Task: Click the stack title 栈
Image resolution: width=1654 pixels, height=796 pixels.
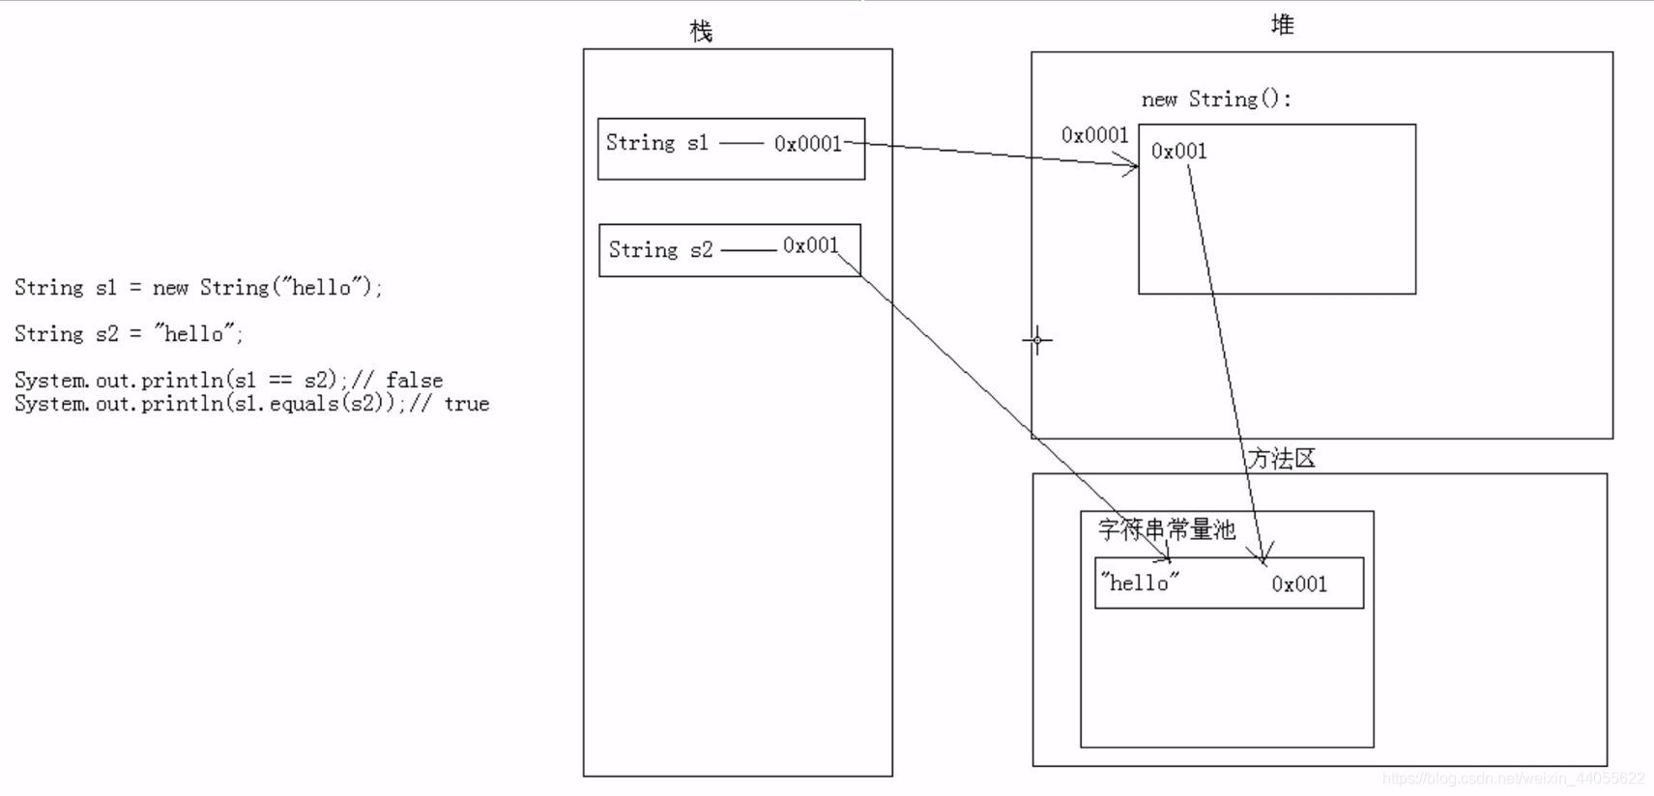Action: tap(701, 32)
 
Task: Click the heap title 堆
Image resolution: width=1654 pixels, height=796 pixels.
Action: tap(1282, 26)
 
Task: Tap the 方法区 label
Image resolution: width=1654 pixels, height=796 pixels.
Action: tap(1282, 459)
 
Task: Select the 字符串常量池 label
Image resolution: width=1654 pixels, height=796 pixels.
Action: tap(1167, 529)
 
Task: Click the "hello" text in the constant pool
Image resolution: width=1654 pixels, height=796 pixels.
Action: tap(1141, 583)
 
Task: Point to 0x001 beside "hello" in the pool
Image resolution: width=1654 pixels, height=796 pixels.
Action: tap(1299, 583)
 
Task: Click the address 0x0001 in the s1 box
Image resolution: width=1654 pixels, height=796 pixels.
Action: tap(808, 144)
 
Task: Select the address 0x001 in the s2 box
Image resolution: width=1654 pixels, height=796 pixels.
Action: tap(810, 245)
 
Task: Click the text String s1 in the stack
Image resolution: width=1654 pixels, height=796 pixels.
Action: tap(657, 143)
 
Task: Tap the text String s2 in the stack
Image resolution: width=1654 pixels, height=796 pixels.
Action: tap(660, 249)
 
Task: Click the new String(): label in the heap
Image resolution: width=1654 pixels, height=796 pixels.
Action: tap(1216, 99)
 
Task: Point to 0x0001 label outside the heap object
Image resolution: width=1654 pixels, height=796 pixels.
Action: tap(1094, 135)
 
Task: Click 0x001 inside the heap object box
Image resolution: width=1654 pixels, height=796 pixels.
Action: tap(1178, 151)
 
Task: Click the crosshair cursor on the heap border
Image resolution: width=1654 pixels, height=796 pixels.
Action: tap(1037, 340)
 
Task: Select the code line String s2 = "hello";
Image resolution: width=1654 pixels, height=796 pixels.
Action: tap(129, 333)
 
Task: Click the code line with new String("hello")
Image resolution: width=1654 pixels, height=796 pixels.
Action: tap(198, 287)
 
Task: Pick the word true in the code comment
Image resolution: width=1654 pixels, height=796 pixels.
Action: tap(467, 404)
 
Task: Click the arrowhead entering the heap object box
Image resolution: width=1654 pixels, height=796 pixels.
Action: tap(1132, 167)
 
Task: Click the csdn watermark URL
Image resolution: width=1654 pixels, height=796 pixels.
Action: tap(1513, 779)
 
